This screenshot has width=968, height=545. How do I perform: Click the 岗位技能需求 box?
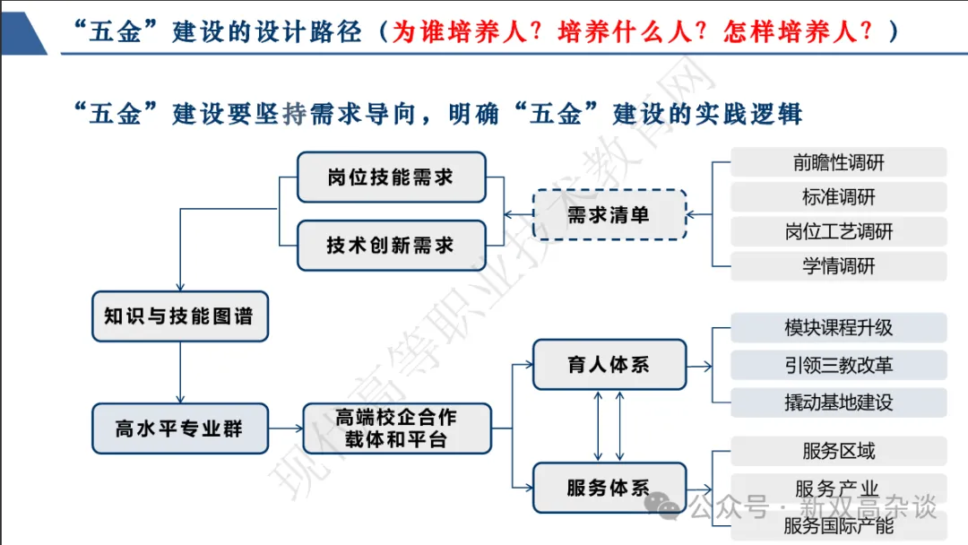pyautogui.click(x=391, y=177)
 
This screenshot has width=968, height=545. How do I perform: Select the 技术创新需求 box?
pyautogui.click(x=391, y=245)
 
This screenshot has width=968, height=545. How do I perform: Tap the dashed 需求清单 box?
pyautogui.click(x=609, y=214)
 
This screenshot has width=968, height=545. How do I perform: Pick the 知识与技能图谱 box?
pyautogui.click(x=179, y=316)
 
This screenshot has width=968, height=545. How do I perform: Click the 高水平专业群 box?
pyautogui.click(x=179, y=428)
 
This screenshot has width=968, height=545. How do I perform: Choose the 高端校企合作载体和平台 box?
pyautogui.click(x=396, y=428)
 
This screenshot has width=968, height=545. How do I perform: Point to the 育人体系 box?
pyautogui.click(x=609, y=365)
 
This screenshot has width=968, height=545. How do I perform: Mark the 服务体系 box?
pyautogui.click(x=609, y=488)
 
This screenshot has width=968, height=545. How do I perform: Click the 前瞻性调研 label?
pyautogui.click(x=839, y=162)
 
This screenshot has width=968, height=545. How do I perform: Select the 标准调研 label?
pyautogui.click(x=839, y=197)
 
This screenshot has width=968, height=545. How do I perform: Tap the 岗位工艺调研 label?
pyautogui.click(x=839, y=232)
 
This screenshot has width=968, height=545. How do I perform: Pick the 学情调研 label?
pyautogui.click(x=839, y=266)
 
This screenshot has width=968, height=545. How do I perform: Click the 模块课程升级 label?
pyautogui.click(x=839, y=327)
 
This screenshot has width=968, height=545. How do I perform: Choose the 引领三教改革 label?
pyautogui.click(x=839, y=365)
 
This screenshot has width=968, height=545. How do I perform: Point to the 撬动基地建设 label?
pyautogui.click(x=839, y=402)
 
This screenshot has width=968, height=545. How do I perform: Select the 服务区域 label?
pyautogui.click(x=839, y=451)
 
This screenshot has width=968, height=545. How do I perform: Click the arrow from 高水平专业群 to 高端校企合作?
pyautogui.click(x=286, y=428)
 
